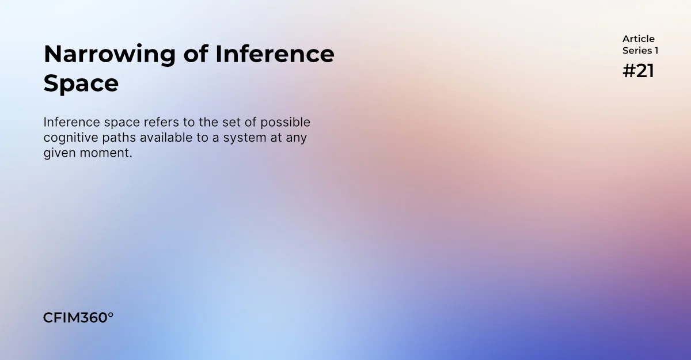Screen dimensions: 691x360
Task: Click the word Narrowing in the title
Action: [110, 55]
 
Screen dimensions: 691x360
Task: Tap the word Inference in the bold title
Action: [275, 54]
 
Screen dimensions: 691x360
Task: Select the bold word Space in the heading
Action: [81, 84]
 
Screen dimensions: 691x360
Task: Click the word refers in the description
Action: [161, 122]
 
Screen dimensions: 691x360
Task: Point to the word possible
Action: [286, 123]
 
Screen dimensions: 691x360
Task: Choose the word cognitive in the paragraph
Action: [71, 138]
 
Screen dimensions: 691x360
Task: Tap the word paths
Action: [119, 138]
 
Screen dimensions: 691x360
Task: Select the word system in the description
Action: [245, 138]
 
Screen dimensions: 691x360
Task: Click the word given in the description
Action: [59, 154]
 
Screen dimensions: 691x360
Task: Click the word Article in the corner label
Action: [638, 39]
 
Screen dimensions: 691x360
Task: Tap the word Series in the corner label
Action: [637, 51]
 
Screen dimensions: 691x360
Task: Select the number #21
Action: [638, 71]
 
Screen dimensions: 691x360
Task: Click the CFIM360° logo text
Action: [78, 318]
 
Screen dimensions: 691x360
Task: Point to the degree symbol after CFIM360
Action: [111, 315]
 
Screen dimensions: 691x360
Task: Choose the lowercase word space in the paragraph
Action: [122, 123]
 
